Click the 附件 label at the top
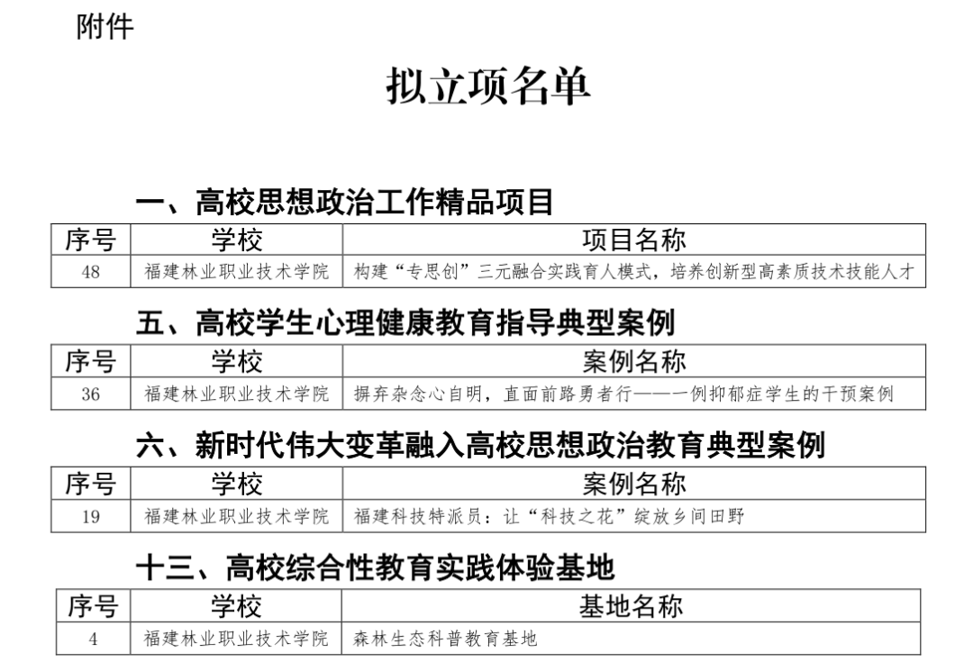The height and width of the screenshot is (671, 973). tap(105, 27)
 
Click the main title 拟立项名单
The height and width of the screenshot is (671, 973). tap(487, 86)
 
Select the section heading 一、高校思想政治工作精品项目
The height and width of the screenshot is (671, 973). tap(344, 202)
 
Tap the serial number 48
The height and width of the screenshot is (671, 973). tap(91, 272)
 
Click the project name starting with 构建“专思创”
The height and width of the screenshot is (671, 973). tap(634, 272)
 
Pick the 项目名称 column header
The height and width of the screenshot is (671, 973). tap(634, 240)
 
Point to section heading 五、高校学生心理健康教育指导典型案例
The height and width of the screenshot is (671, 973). tap(405, 322)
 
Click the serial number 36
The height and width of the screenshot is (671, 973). tap(91, 394)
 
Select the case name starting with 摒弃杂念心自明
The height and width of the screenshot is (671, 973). tap(623, 394)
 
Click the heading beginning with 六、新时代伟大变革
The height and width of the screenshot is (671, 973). tap(480, 445)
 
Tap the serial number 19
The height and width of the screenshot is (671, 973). tap(91, 516)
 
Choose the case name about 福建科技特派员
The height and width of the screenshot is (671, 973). tap(550, 516)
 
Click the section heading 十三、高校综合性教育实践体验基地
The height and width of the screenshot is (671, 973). tap(376, 567)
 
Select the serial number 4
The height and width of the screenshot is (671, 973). tap(93, 639)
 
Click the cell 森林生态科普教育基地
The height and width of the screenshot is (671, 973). tap(445, 639)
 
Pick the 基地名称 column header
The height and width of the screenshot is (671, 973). tap(631, 606)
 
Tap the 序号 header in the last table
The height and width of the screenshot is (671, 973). tap(93, 606)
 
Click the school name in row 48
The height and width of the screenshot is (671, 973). tap(236, 272)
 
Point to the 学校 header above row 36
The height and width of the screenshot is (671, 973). tap(236, 361)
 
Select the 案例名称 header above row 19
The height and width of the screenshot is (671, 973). tap(634, 484)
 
